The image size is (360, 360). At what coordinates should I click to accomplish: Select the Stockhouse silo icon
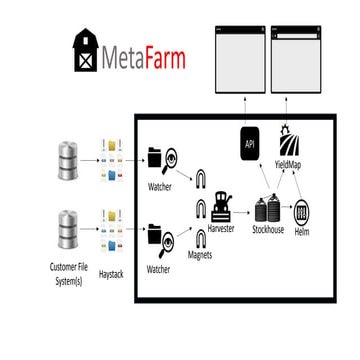(x=266, y=209)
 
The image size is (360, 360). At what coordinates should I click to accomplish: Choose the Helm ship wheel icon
(x=302, y=212)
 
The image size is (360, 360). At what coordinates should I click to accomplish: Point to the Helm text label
(x=302, y=231)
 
